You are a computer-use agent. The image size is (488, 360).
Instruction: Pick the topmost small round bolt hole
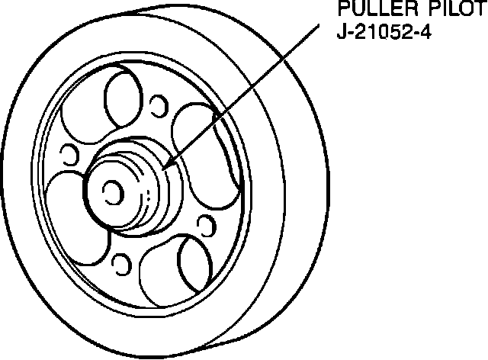pyautogui.click(x=159, y=104)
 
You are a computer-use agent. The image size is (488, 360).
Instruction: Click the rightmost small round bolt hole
pyautogui.click(x=204, y=223)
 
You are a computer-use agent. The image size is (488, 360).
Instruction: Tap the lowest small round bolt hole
pyautogui.click(x=118, y=264)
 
